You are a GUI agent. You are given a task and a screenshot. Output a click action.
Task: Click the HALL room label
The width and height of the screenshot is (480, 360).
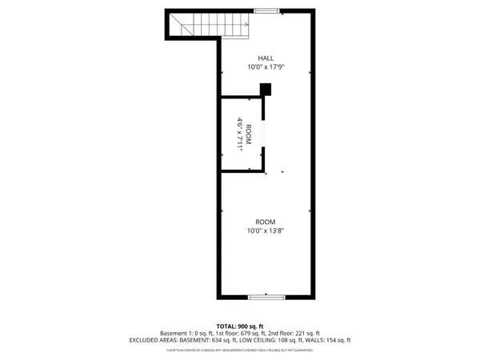(x=266, y=58)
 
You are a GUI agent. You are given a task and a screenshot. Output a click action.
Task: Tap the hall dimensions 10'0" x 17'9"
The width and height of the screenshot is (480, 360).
(x=266, y=67)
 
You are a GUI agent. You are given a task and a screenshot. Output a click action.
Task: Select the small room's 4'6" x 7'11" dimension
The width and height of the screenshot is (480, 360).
(x=239, y=135)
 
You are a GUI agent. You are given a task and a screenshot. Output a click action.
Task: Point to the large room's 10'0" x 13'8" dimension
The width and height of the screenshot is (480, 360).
(x=266, y=230)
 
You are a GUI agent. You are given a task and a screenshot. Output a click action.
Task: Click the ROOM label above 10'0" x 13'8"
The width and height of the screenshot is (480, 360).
(x=266, y=221)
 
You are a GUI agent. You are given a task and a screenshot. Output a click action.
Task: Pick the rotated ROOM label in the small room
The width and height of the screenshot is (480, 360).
(x=249, y=135)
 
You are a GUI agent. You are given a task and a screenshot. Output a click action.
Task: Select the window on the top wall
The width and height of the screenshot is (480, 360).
(x=266, y=10)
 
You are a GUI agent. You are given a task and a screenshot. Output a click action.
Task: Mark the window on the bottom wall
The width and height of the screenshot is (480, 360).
(x=266, y=297)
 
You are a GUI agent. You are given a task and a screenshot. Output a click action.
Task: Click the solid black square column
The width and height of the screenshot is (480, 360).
(x=266, y=90)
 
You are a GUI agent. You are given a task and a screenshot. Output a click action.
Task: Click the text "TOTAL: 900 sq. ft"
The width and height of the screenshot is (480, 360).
(x=240, y=326)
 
